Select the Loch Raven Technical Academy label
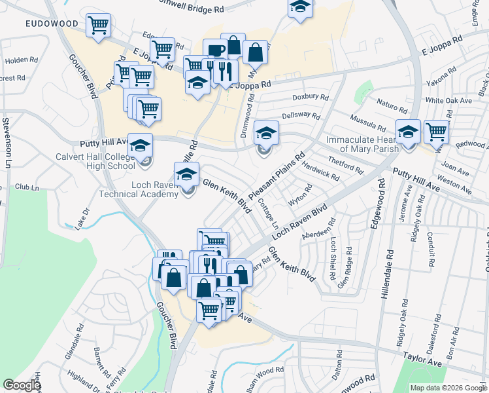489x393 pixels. [x=137, y=189]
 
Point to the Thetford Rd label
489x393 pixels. [x=345, y=164]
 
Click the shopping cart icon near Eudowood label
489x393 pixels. [x=98, y=26]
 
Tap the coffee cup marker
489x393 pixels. [x=214, y=50]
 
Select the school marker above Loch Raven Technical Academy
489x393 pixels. [x=186, y=174]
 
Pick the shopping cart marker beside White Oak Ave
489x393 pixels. [x=436, y=132]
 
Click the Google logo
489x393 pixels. [x=22, y=385]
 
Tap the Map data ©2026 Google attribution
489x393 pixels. [x=448, y=388]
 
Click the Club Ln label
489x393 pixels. [x=27, y=187]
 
